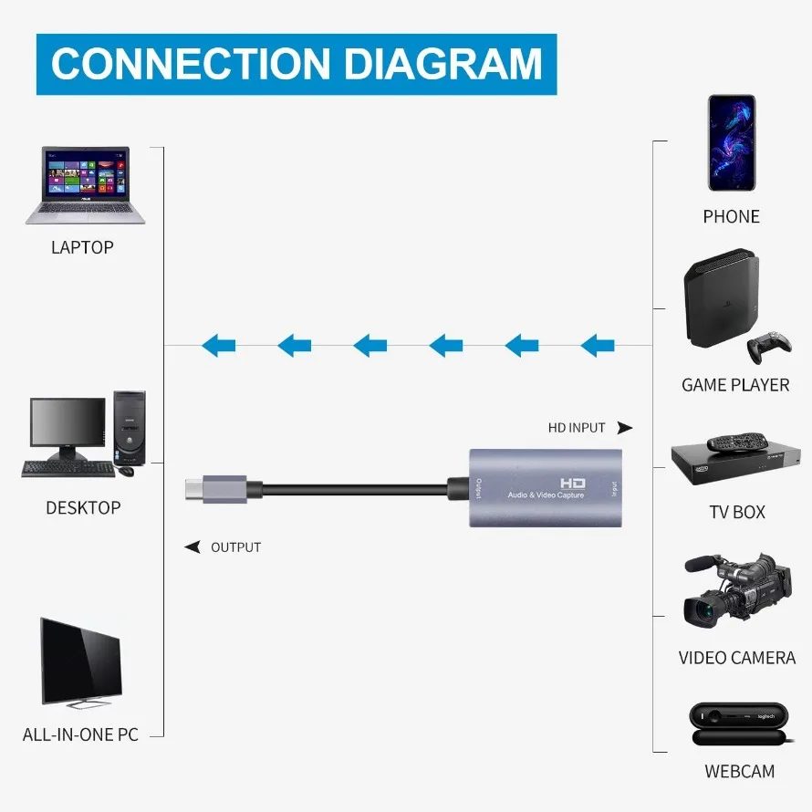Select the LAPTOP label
82,247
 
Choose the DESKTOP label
83,507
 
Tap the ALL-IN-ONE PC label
80,734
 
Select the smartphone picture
732,142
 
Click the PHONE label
731,216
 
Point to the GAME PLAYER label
735,385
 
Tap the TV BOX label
737,512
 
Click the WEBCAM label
739,772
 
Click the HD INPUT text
577,427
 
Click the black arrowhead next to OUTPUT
193,547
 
